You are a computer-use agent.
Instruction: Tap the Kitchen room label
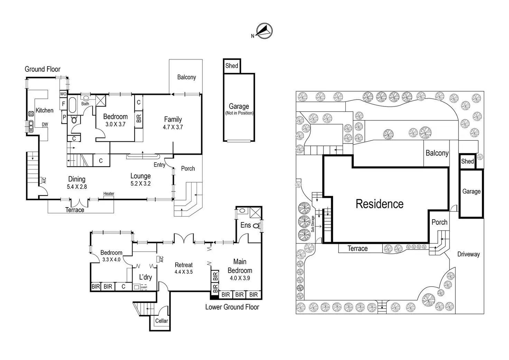click(45, 110)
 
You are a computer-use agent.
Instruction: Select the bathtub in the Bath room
click(72, 105)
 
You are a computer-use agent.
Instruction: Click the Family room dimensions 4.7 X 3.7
click(173, 127)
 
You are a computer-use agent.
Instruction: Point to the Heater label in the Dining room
click(109, 194)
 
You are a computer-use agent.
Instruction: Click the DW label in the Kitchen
click(45, 124)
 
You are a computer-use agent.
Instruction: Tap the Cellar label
click(161, 321)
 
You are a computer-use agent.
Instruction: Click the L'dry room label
click(146, 277)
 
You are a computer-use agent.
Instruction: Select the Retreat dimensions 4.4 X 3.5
click(184, 272)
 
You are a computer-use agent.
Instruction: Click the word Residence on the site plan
click(379, 204)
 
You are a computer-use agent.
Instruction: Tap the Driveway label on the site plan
click(469, 254)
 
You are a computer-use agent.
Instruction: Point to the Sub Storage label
click(313, 224)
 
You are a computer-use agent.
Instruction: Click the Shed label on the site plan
click(468, 161)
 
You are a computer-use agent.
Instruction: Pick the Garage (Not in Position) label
click(239, 109)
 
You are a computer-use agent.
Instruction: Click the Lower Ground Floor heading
click(232, 307)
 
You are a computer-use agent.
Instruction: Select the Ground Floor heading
click(43, 69)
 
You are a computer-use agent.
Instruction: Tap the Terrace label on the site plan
click(358, 248)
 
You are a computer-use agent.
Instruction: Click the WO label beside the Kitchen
click(63, 94)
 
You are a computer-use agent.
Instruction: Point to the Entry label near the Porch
click(159, 165)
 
